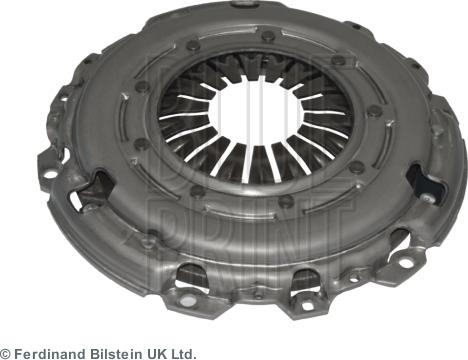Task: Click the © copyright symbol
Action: pyautogui.click(x=6, y=353)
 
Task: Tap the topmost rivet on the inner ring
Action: pyautogui.click(x=268, y=35)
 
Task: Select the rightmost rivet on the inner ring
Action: pyautogui.click(x=375, y=110)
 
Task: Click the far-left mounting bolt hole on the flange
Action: pyautogui.click(x=50, y=174)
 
